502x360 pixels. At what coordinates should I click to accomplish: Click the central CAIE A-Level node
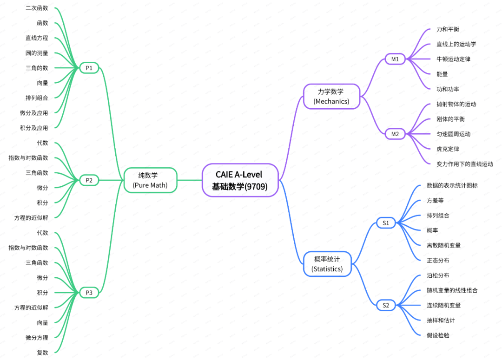(240, 180)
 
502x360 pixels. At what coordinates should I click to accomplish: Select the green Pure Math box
(150, 180)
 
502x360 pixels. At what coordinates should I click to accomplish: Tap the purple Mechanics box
(331, 96)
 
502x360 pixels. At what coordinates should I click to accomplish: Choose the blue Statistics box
(327, 264)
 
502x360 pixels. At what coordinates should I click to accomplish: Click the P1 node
(89, 68)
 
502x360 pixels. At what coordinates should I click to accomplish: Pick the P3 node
(89, 293)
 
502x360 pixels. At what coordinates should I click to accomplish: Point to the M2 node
(395, 134)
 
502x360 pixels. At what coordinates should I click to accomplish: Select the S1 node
(386, 223)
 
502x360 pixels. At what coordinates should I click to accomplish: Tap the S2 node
(386, 305)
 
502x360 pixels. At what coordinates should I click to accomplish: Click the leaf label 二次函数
(37, 8)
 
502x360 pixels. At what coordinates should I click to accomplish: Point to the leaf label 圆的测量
(37, 53)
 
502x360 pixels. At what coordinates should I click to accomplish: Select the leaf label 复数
(42, 353)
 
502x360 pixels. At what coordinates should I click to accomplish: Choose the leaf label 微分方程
(37, 337)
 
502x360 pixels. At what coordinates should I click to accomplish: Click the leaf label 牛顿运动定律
(453, 59)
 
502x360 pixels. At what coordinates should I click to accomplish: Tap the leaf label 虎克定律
(448, 149)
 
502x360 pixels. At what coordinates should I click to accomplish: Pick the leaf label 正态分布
(438, 260)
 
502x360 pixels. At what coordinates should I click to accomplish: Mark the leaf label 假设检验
(438, 335)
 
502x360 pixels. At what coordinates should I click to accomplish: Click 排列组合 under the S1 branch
(438, 216)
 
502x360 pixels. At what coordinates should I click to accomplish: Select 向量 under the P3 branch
(42, 322)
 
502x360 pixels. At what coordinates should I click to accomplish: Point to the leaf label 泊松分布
(438, 275)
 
